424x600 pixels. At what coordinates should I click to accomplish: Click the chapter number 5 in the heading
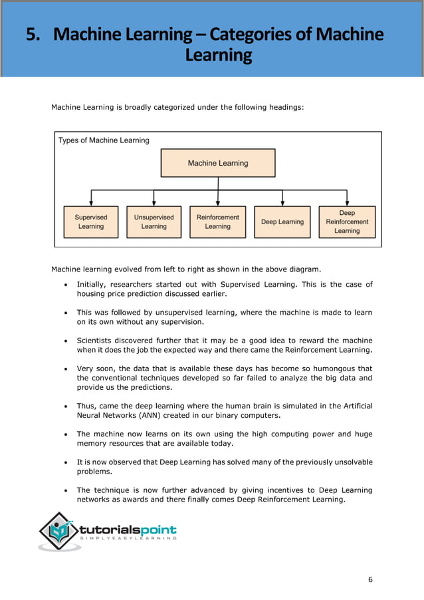tap(31, 34)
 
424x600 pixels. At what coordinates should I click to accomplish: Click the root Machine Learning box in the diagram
tap(218, 163)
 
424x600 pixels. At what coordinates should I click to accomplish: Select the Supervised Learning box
tap(91, 222)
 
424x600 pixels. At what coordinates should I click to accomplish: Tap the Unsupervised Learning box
tap(154, 222)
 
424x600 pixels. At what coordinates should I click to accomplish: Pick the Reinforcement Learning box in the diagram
tap(217, 222)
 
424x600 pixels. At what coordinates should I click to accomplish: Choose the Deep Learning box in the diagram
tap(282, 222)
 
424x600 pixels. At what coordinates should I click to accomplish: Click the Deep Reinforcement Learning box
tap(347, 222)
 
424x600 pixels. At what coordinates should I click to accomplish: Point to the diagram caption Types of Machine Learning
tap(104, 140)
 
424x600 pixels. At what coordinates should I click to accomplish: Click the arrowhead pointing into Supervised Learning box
tap(91, 202)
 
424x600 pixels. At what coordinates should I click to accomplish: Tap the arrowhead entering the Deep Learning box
tap(282, 202)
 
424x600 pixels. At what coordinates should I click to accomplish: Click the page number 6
tap(370, 579)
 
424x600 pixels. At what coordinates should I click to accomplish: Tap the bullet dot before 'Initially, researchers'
tap(63, 285)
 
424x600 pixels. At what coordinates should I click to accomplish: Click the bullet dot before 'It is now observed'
tap(63, 462)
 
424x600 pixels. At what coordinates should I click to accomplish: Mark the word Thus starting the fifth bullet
tap(86, 406)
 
